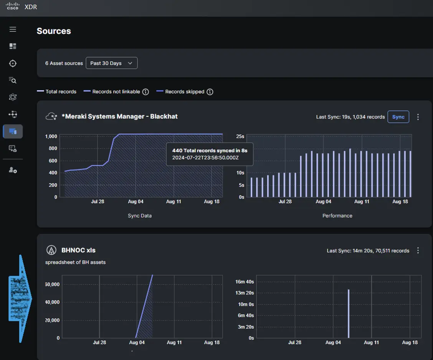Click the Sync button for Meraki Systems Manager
398,117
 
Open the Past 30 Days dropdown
111,63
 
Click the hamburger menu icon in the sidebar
13,30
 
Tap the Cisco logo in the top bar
12,7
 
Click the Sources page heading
54,31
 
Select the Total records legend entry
56,92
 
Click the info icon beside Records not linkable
145,92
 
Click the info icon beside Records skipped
210,92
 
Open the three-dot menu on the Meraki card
418,117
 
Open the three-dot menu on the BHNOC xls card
418,251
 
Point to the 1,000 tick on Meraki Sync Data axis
51,136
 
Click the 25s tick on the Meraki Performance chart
240,136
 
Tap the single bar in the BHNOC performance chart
349,313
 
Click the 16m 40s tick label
245,282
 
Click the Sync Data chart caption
140,216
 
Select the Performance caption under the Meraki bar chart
337,216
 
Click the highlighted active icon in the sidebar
13,131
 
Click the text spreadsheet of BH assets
75,262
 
